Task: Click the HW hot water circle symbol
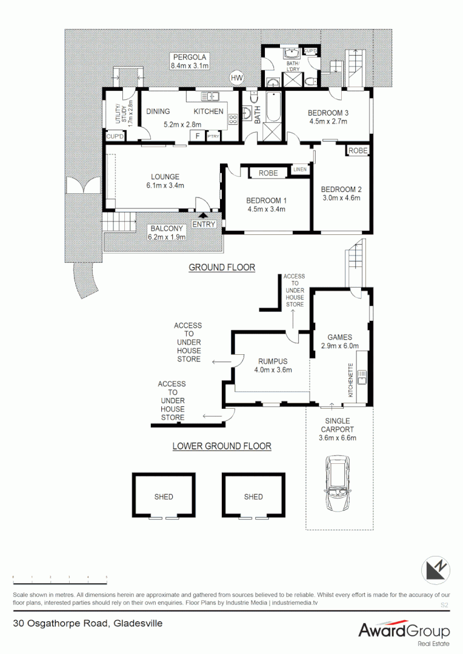[x=236, y=78]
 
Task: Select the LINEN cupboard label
[x=300, y=170]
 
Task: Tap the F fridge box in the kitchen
[x=198, y=136]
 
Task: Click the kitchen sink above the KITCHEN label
[x=210, y=96]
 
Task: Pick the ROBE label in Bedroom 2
[x=358, y=151]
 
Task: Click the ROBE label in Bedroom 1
[x=268, y=173]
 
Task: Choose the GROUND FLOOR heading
[x=222, y=267]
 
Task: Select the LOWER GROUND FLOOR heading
[x=222, y=446]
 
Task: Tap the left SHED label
[x=164, y=497]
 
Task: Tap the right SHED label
[x=253, y=497]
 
